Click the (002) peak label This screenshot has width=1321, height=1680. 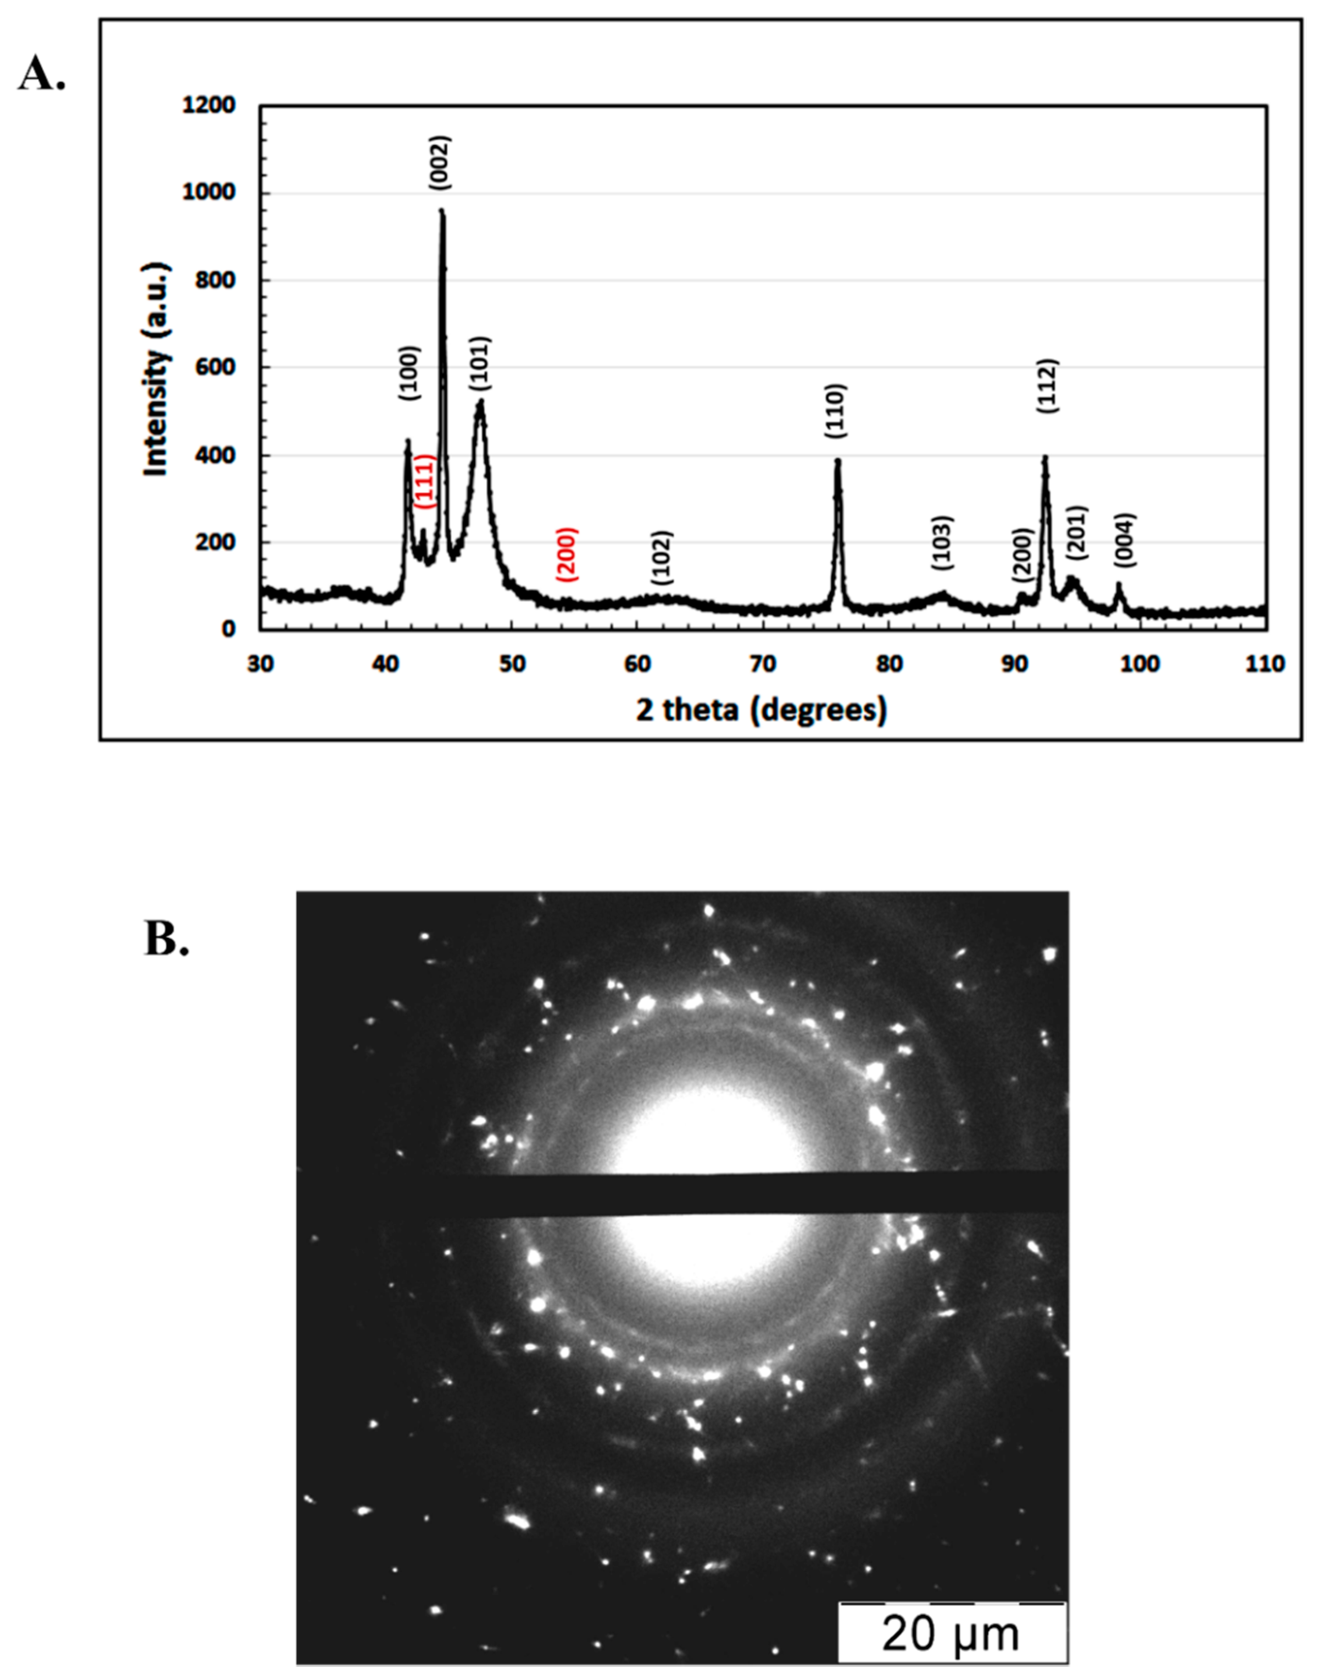point(440,162)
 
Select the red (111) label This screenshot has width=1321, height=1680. point(425,481)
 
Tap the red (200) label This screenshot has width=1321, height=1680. point(567,554)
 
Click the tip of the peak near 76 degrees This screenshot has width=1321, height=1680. point(837,461)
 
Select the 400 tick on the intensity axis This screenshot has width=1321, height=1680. point(215,455)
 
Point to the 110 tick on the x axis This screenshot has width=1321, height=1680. point(1265,664)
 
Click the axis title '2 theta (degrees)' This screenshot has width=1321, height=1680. point(762,709)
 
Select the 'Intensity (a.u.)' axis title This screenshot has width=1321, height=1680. point(157,370)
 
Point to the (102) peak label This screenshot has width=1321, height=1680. point(662,557)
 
